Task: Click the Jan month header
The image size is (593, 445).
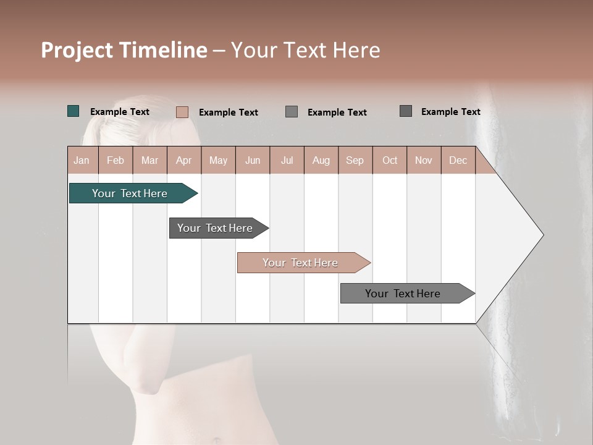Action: (x=82, y=160)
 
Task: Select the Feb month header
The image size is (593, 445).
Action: (x=116, y=160)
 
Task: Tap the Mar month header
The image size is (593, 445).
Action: (x=149, y=160)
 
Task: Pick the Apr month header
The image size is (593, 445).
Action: (x=184, y=160)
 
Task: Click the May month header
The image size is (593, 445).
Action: (x=218, y=160)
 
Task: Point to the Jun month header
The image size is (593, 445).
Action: (x=253, y=160)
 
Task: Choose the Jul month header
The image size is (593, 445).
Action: (x=287, y=160)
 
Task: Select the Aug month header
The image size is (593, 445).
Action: (x=321, y=160)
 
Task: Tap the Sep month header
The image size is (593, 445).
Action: (x=355, y=160)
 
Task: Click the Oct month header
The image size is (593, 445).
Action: (x=390, y=160)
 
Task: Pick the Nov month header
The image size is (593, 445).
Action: (x=424, y=160)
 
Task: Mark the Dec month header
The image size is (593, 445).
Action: (x=458, y=160)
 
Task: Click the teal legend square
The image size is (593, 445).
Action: (x=74, y=111)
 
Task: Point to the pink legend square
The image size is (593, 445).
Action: (x=182, y=112)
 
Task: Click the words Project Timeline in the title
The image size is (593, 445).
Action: (x=124, y=50)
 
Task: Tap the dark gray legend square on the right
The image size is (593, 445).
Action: (x=406, y=111)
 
